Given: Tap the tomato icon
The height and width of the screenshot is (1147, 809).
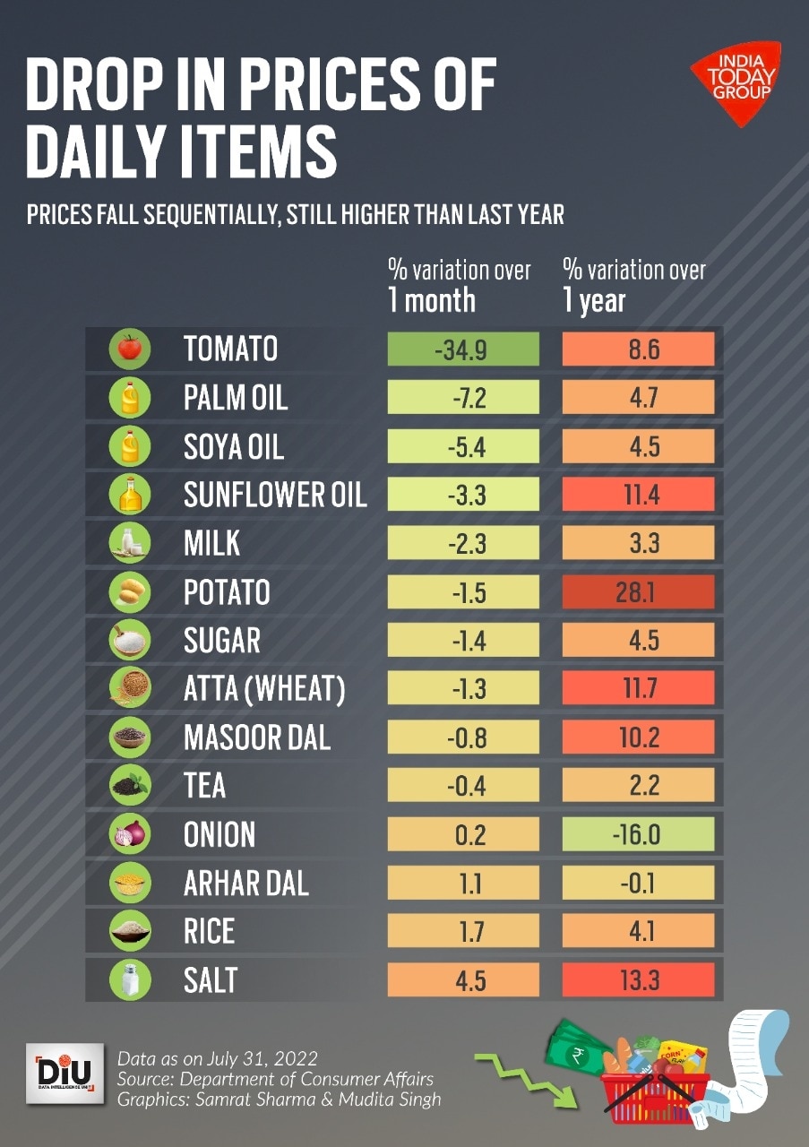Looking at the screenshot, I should [x=130, y=349].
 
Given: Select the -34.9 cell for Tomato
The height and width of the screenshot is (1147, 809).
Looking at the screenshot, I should [x=463, y=349].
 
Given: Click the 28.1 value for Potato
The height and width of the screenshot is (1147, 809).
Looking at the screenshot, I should [x=638, y=592].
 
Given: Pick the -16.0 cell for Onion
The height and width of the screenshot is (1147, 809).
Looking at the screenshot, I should [x=638, y=835].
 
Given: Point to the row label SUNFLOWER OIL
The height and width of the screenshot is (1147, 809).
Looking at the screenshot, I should [x=275, y=495].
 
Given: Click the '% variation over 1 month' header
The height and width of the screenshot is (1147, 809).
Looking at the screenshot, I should [x=459, y=285].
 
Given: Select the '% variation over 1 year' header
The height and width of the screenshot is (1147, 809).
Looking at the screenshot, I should [x=633, y=285].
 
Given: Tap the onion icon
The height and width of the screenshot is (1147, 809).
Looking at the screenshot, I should [x=130, y=835].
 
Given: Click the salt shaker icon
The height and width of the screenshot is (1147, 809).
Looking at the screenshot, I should [x=130, y=980].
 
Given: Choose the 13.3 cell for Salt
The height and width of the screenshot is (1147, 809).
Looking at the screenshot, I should [x=638, y=980].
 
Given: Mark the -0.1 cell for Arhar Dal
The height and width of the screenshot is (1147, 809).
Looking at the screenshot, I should [x=638, y=884].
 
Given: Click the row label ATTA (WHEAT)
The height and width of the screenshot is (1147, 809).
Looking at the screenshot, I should [x=263, y=689].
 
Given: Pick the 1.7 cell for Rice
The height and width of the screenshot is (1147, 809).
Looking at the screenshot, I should [x=463, y=932].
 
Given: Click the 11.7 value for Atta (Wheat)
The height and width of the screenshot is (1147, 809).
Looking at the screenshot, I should [x=638, y=689].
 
